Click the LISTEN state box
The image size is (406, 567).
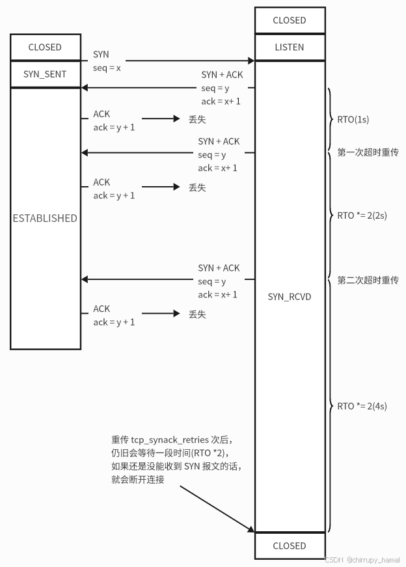(x=290, y=48)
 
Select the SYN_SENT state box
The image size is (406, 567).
(x=45, y=74)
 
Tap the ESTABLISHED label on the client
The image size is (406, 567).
(x=45, y=218)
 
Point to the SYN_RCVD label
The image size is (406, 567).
(x=290, y=297)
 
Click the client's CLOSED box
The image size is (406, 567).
(x=45, y=48)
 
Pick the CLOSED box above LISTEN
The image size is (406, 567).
(x=290, y=20)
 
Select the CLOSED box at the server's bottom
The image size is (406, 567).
(x=290, y=546)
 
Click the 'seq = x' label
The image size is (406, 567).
(x=107, y=68)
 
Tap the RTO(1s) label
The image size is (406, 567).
(x=353, y=120)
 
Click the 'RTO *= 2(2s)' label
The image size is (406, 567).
(x=362, y=215)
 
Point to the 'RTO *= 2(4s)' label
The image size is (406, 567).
(x=362, y=406)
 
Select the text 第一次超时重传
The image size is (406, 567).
(x=368, y=152)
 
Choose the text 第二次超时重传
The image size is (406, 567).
(x=368, y=280)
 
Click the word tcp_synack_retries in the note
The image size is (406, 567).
(x=170, y=440)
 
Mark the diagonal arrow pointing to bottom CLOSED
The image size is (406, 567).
(x=215, y=508)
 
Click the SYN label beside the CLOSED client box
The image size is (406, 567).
(x=101, y=55)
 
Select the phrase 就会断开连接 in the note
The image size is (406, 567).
(x=138, y=479)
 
